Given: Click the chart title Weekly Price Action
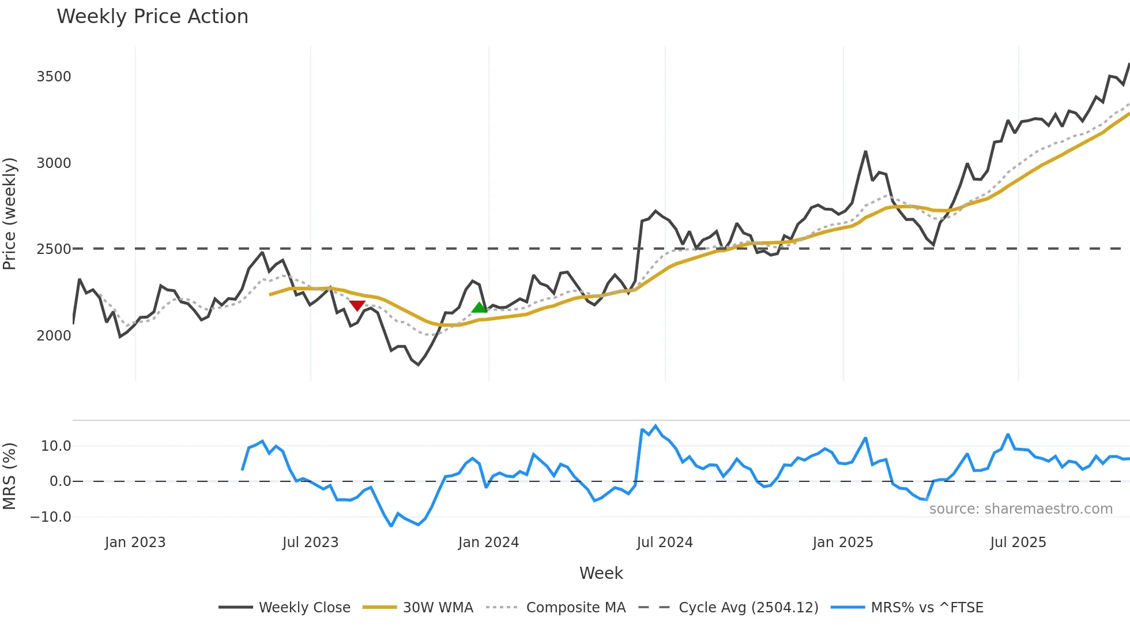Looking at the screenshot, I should click(x=152, y=17).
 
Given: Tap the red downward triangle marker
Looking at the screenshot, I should click(x=357, y=305).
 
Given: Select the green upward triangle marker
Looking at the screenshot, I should click(x=479, y=308).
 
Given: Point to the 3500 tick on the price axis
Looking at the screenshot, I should click(x=54, y=77).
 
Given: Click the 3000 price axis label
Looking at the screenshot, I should click(x=54, y=163).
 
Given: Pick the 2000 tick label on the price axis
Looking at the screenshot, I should click(x=54, y=336).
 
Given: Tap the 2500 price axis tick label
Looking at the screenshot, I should click(x=54, y=249).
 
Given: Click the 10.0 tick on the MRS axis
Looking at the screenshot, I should click(x=56, y=446).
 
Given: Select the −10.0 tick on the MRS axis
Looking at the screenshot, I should click(x=51, y=517).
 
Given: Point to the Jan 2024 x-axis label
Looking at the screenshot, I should click(x=488, y=543).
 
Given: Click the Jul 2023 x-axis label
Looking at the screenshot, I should click(x=310, y=543).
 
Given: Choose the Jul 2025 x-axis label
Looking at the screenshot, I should click(x=1018, y=543).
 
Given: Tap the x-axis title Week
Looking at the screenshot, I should click(x=601, y=573).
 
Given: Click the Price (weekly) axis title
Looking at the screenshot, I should click(x=10, y=214).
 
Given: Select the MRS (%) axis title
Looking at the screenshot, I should click(x=10, y=476).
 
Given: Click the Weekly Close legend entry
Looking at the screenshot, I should click(x=304, y=608).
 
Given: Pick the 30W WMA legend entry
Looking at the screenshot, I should click(x=438, y=608).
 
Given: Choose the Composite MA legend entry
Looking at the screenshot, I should click(x=575, y=608).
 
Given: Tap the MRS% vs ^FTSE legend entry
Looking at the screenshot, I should click(x=926, y=608).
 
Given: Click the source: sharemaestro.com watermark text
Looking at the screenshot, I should click(x=1020, y=509).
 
